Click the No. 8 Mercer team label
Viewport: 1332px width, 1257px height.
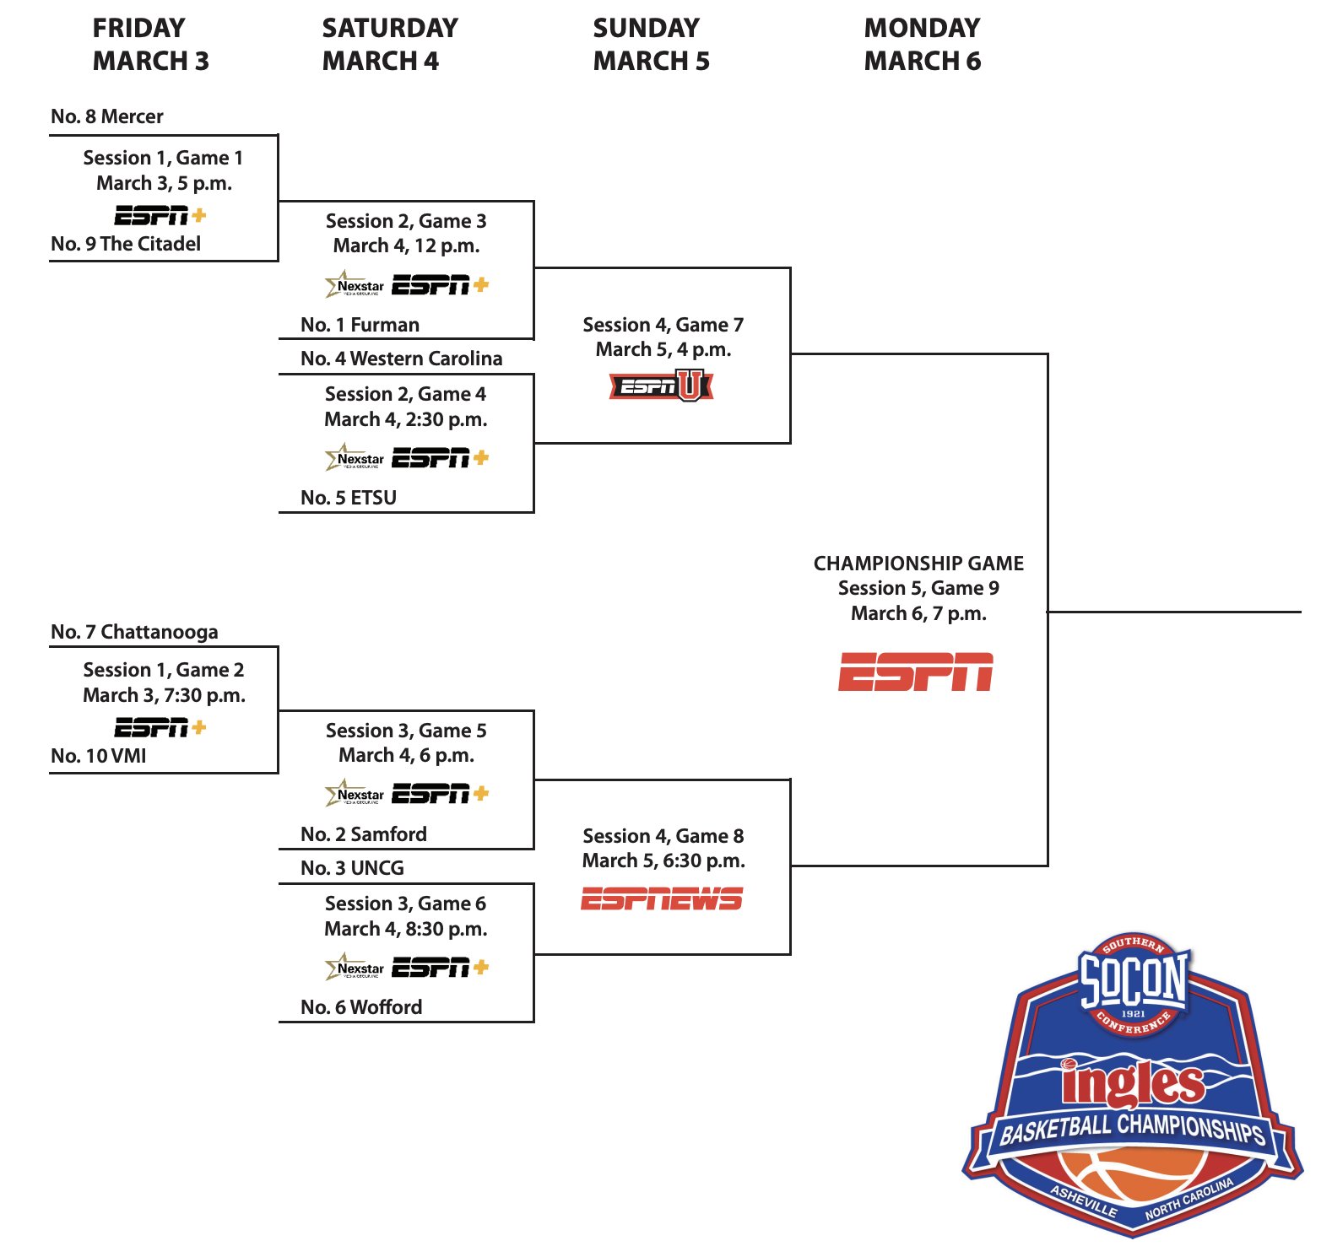pyautogui.click(x=107, y=116)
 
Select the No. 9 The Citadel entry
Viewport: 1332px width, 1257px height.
pyautogui.click(x=126, y=244)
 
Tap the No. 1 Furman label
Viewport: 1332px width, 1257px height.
pyautogui.click(x=360, y=325)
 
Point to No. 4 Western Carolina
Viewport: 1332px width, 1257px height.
pyautogui.click(x=401, y=359)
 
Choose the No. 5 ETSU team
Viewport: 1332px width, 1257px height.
pyautogui.click(x=349, y=498)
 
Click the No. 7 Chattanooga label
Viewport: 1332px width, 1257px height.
pyautogui.click(x=134, y=632)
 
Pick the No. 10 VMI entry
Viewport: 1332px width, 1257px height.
pyautogui.click(x=99, y=756)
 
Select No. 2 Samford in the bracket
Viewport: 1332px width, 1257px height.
pyautogui.click(x=364, y=834)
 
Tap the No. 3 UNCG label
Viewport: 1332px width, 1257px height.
pyautogui.click(x=352, y=868)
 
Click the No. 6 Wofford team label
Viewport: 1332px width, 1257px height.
pyautogui.click(x=361, y=1007)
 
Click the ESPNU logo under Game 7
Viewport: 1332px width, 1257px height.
pyautogui.click(x=662, y=386)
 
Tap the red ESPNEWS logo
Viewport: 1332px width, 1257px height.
pyautogui.click(x=662, y=899)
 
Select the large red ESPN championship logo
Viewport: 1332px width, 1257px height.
pyautogui.click(x=916, y=672)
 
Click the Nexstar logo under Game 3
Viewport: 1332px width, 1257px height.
pyautogui.click(x=355, y=285)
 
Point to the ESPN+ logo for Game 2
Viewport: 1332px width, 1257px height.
pyautogui.click(x=160, y=727)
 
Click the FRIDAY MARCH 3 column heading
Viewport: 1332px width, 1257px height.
pyautogui.click(x=150, y=44)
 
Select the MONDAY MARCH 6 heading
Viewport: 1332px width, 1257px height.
pyautogui.click(x=922, y=44)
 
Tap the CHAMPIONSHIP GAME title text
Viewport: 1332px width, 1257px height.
pyautogui.click(x=918, y=564)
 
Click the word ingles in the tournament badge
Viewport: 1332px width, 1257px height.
pyautogui.click(x=1133, y=1085)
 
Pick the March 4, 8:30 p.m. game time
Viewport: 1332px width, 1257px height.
pyautogui.click(x=406, y=929)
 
